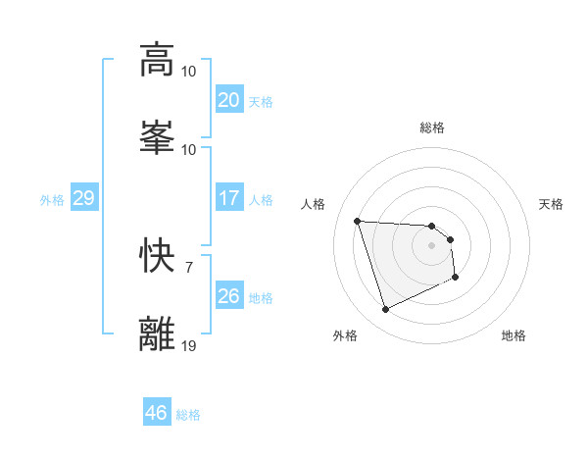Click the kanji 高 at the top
coord(157,60)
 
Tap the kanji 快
coord(157,256)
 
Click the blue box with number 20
coord(228,100)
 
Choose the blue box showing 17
coord(228,198)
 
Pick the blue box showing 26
coord(228,295)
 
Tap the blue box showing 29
coord(83,198)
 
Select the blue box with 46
coord(156,413)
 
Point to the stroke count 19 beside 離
coord(189,344)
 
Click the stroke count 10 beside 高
coord(189,72)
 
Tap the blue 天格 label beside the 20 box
coord(260,101)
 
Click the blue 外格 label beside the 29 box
coord(52,199)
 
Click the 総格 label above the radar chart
coord(432,128)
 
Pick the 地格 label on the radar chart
coord(514,335)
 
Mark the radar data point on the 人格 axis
coord(358,221)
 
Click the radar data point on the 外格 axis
coord(385,310)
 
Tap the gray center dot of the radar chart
coord(431,246)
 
